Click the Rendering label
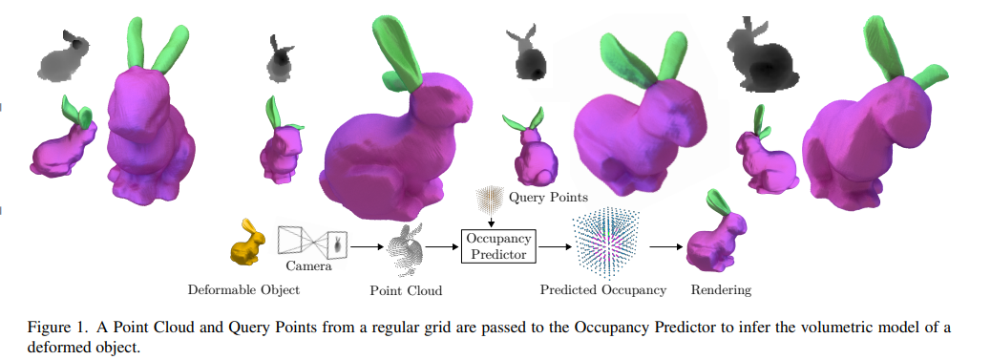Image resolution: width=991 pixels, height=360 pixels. pyautogui.click(x=723, y=289)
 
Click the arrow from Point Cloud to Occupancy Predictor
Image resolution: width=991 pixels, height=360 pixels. pyautogui.click(x=443, y=245)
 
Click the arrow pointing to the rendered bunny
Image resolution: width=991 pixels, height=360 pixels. pyautogui.click(x=665, y=245)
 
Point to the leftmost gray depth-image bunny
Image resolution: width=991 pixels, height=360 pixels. pyautogui.click(x=64, y=55)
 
